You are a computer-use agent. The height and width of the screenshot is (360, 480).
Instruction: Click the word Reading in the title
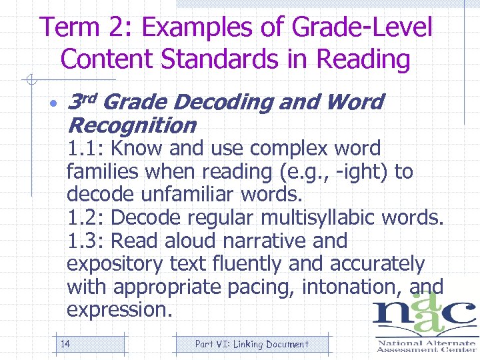coord(364,59)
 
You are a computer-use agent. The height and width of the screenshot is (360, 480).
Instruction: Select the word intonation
coord(353,287)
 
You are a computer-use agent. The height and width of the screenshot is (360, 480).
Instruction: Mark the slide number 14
coord(66,344)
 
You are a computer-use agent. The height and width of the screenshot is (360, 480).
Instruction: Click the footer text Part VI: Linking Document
coord(251,344)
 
